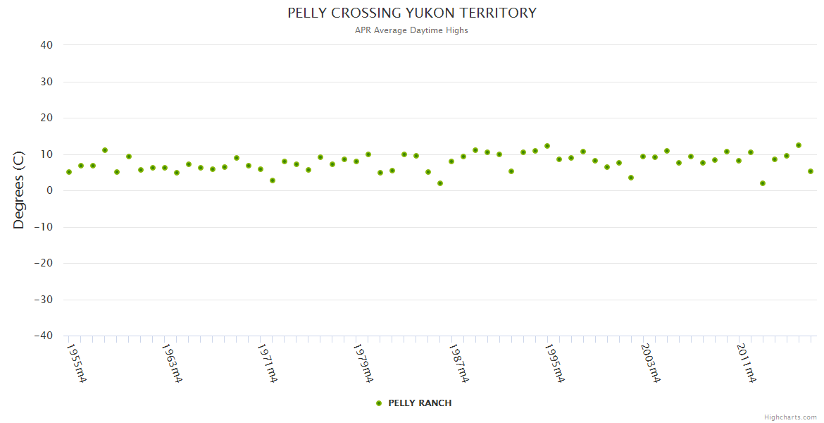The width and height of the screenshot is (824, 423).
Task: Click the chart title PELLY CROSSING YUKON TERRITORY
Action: tap(412, 13)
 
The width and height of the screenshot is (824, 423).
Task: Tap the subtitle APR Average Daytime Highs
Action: tap(412, 30)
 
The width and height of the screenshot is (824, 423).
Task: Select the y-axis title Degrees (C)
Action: tap(19, 190)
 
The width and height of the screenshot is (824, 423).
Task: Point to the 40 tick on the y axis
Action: tap(46, 45)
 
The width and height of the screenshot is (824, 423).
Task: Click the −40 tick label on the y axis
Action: tap(44, 336)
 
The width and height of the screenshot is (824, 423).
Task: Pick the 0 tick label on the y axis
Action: tap(50, 190)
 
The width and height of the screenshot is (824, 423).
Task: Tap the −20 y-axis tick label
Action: tap(44, 264)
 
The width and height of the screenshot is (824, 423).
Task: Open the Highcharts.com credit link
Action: tap(790, 417)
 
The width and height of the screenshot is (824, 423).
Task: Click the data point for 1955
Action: tap(69, 172)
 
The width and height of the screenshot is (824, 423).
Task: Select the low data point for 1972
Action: tap(273, 180)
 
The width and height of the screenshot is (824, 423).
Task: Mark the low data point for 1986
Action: tap(440, 183)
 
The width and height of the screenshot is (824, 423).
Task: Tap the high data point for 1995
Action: tap(547, 146)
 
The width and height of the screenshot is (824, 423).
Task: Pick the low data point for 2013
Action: tap(763, 183)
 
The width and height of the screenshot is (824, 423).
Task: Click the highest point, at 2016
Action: tap(799, 145)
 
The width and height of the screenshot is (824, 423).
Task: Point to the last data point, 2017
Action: tap(811, 171)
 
